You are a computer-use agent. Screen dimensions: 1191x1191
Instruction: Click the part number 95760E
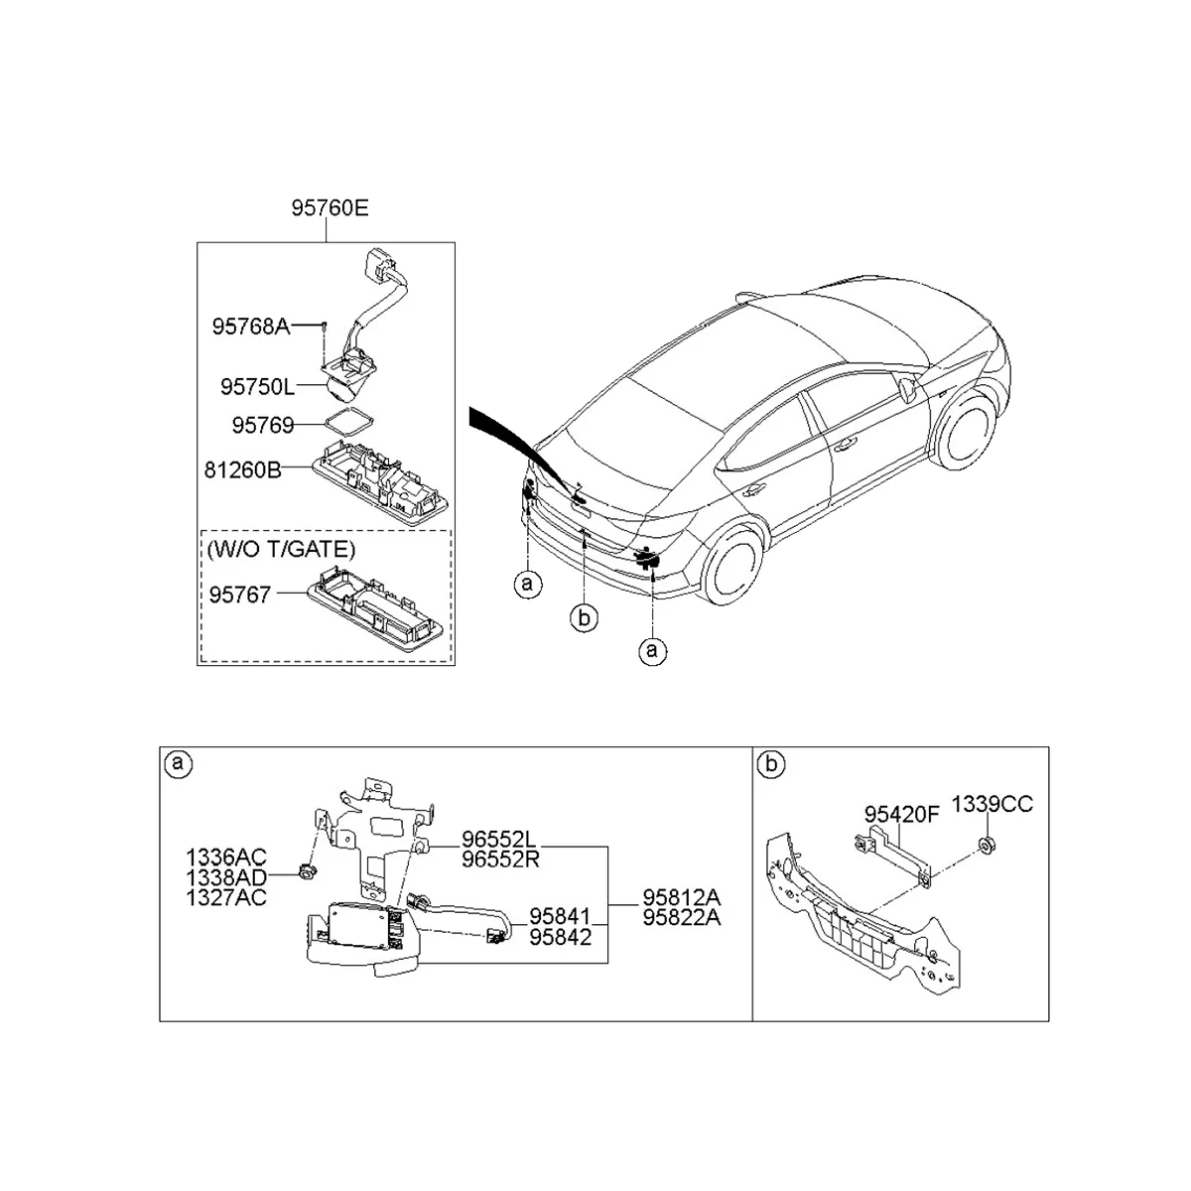coord(330,208)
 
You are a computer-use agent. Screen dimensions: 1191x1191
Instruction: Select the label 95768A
coord(250,326)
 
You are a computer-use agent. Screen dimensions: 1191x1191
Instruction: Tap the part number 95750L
coord(258,384)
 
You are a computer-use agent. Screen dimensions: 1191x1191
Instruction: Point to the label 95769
coord(263,425)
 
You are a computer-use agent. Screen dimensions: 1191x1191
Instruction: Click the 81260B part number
coord(243,469)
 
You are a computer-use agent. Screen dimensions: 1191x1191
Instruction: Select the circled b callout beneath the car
coord(585,618)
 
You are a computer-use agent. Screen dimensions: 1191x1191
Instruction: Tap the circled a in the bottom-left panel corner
coord(179,764)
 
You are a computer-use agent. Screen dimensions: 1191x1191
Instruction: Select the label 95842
coord(560,936)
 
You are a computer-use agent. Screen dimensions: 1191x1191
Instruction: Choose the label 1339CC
coord(992,804)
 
